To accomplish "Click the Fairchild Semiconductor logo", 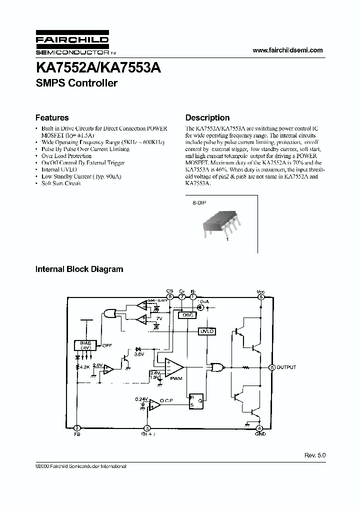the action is coord(72,45).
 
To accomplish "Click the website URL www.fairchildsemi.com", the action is coord(288,50).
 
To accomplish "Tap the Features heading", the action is coord(52,118).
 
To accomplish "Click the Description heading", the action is coord(207,118).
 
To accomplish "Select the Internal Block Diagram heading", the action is coord(79,269).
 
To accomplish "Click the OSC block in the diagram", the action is coord(187,315).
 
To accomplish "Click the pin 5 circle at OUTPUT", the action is coord(272,367).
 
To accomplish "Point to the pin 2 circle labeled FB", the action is coord(77,428).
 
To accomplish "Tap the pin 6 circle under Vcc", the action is coord(260,296).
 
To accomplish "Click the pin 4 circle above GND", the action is coord(259,428).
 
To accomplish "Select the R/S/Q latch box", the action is coord(195,400).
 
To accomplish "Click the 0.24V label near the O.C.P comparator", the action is coord(141,398).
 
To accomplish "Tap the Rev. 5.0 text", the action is coord(314,456).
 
